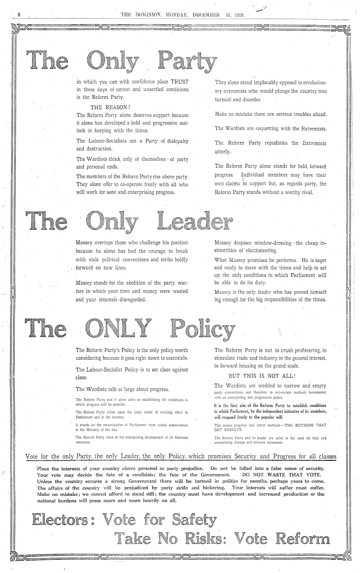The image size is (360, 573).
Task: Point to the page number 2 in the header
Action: (x=19, y=15)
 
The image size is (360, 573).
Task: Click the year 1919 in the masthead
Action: (x=239, y=15)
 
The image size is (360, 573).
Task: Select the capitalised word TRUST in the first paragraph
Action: (x=179, y=81)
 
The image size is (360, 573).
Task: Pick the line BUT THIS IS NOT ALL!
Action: (x=262, y=376)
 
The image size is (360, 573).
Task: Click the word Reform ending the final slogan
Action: (x=303, y=539)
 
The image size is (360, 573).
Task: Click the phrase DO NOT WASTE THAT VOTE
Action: (x=282, y=475)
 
